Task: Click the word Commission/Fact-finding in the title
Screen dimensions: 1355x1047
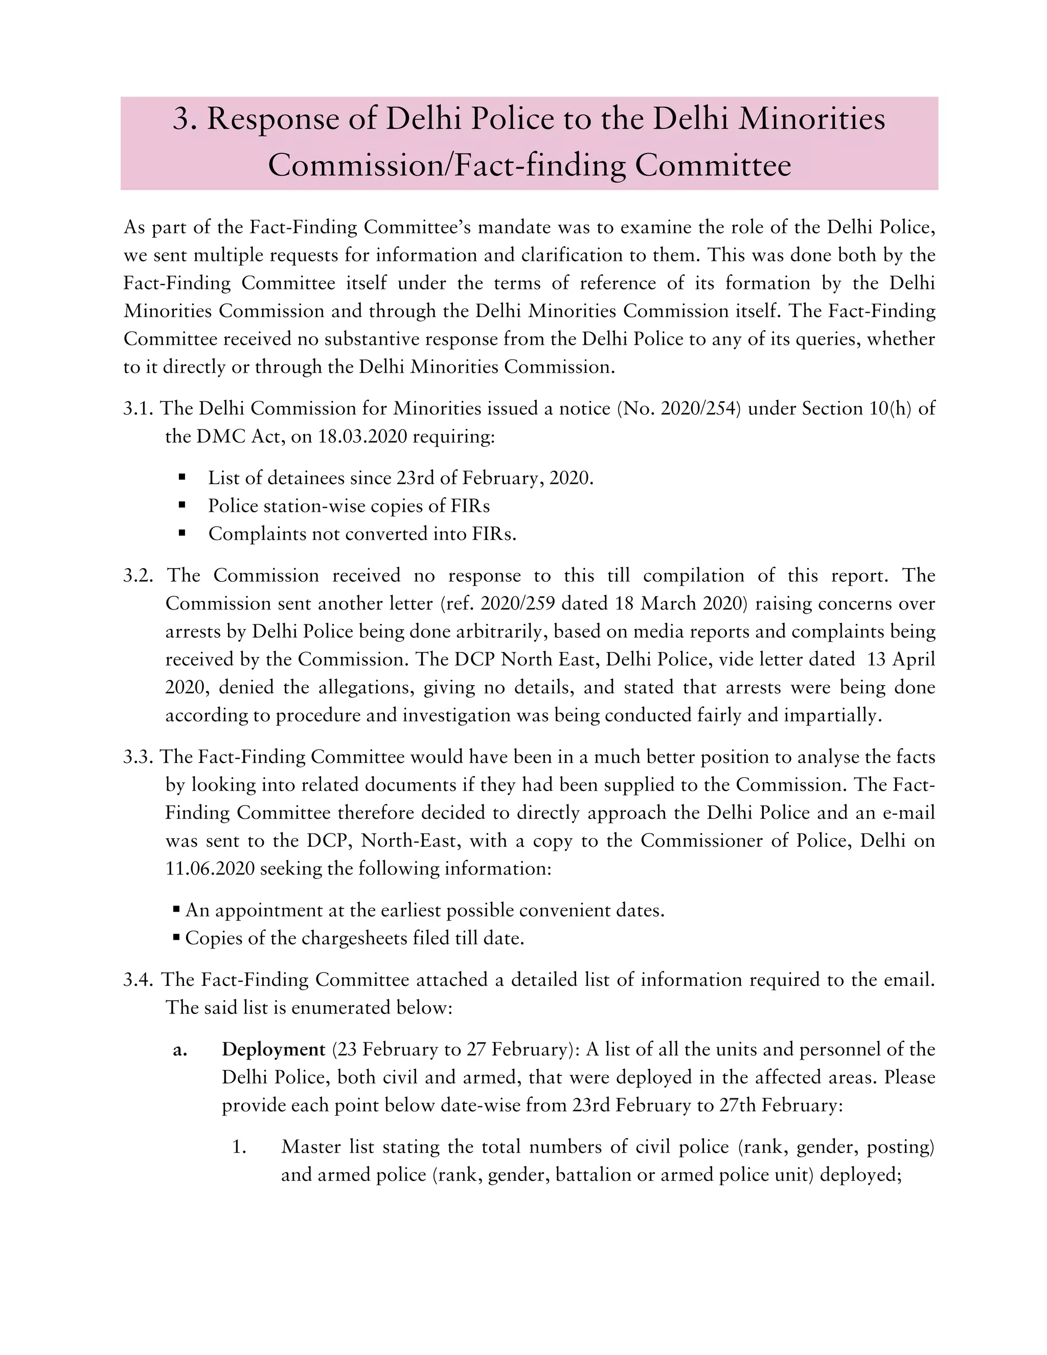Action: [447, 165]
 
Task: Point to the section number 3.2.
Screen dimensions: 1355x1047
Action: [138, 575]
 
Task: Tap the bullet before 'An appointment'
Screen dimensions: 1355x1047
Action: [177, 910]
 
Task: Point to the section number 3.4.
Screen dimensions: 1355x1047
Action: [138, 980]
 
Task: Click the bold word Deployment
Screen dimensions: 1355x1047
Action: [273, 1049]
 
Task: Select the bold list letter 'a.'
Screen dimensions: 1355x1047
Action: [180, 1050]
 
